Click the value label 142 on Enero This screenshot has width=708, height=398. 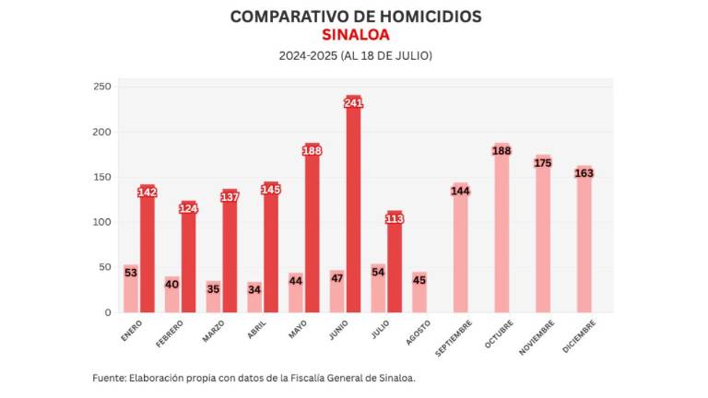(147, 192)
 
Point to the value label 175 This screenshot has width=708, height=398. (543, 163)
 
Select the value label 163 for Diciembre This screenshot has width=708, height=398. (584, 173)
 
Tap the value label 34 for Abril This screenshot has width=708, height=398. (254, 289)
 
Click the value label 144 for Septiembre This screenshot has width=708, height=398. (460, 191)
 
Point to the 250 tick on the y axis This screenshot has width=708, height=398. (101, 87)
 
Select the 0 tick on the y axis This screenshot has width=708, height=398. (107, 312)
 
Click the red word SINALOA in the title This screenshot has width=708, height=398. (355, 35)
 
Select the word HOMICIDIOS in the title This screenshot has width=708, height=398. (425, 17)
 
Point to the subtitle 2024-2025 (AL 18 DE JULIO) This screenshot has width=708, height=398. (355, 56)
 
